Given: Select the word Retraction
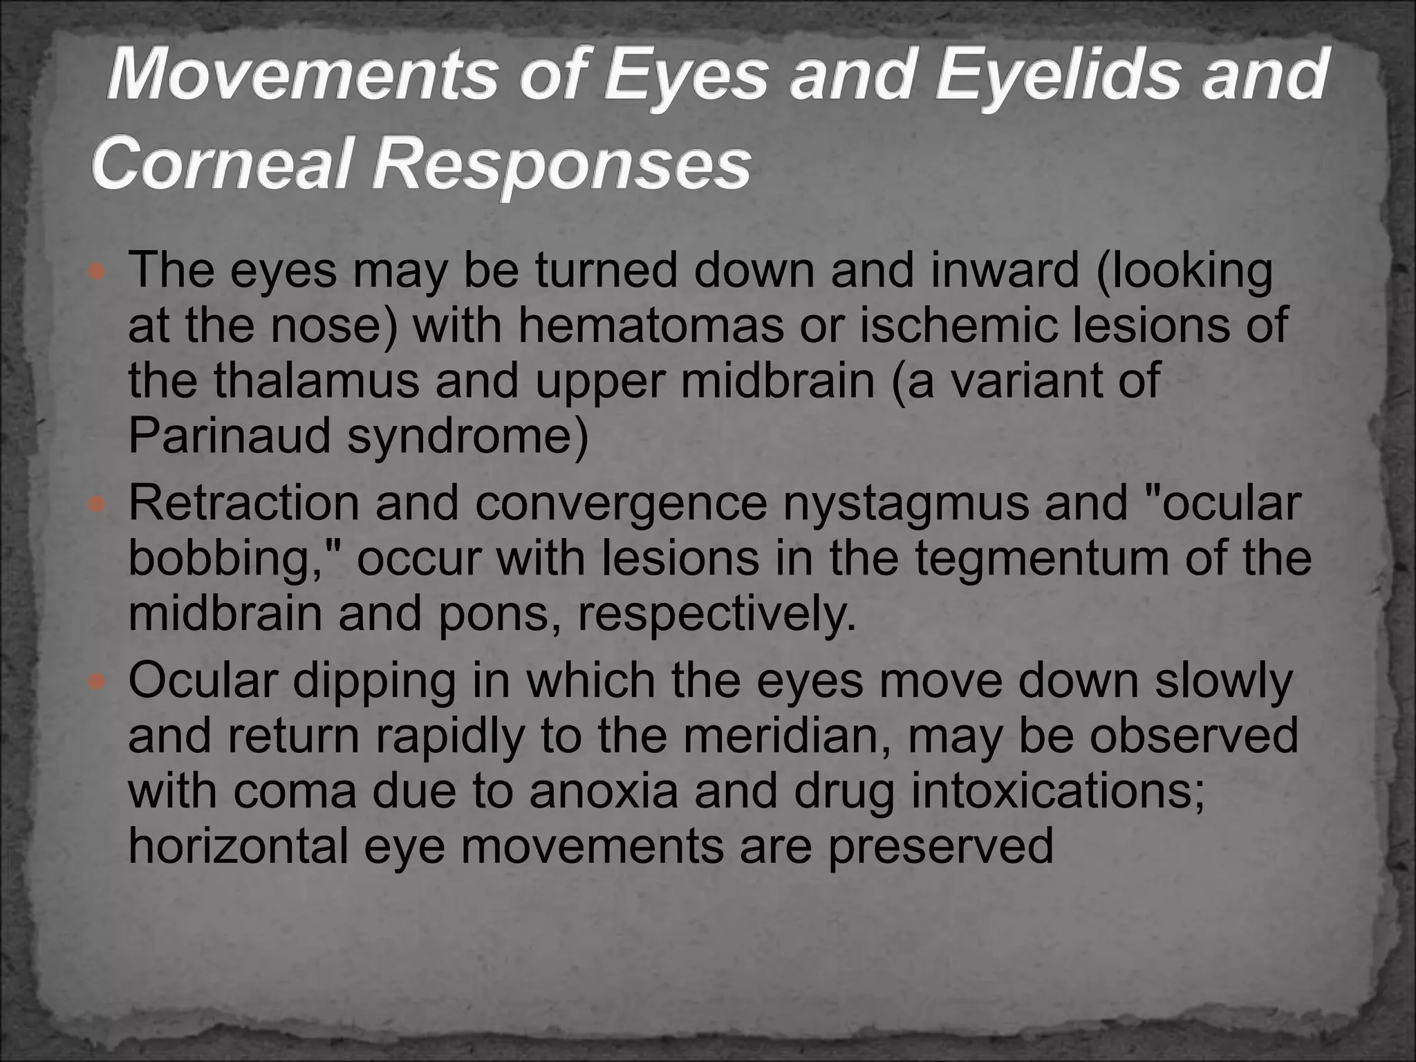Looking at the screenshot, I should pyautogui.click(x=243, y=504).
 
